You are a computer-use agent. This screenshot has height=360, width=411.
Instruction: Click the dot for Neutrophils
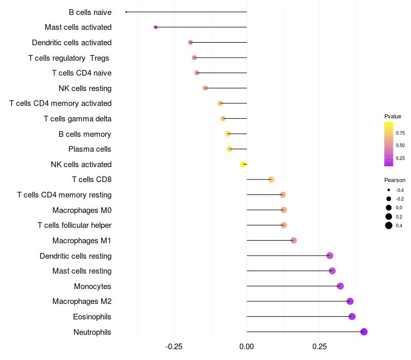pyautogui.click(x=364, y=332)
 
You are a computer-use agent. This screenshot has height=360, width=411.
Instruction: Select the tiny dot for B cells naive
pyautogui.click(x=126, y=12)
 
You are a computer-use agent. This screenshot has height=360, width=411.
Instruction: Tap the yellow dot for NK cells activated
pyautogui.click(x=244, y=164)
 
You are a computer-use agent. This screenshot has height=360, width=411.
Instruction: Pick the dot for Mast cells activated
pyautogui.click(x=156, y=27)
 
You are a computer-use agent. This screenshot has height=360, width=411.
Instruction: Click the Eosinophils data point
pyautogui.click(x=352, y=316)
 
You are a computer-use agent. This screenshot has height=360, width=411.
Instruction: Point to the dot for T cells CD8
pyautogui.click(x=271, y=179)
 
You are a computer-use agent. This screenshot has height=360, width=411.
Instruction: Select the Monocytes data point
pyautogui.click(x=340, y=286)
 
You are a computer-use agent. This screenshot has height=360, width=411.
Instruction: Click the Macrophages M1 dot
pyautogui.click(x=293, y=240)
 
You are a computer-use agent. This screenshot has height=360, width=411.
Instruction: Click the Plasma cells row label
pyautogui.click(x=89, y=149)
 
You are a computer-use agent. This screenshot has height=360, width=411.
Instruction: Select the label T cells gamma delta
pyautogui.click(x=78, y=119)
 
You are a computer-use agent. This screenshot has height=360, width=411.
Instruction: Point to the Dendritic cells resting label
pyautogui.click(x=76, y=256)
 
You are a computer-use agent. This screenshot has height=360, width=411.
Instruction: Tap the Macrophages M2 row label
pyautogui.click(x=82, y=301)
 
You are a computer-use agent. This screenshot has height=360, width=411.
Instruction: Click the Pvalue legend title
pyautogui.click(x=393, y=116)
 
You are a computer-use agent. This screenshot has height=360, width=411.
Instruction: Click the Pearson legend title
pyautogui.click(x=395, y=180)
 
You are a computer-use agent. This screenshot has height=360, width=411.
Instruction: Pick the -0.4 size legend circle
pyautogui.click(x=389, y=190)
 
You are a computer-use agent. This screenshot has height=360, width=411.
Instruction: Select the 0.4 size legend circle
pyautogui.click(x=389, y=225)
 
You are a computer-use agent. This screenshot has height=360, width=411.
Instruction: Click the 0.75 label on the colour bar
pyautogui.click(x=400, y=133)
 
